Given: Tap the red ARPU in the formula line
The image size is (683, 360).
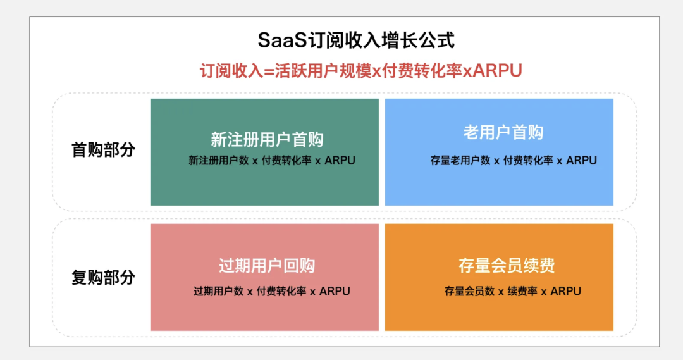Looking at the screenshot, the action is tap(497, 71).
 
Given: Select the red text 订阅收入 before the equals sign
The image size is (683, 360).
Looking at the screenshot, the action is tap(231, 71).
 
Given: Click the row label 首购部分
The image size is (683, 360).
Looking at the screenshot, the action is tap(103, 150).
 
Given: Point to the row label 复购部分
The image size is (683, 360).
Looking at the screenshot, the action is tap(103, 277).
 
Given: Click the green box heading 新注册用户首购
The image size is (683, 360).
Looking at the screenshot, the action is tap(267, 139).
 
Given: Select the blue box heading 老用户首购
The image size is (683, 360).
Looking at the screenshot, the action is tap(503, 132).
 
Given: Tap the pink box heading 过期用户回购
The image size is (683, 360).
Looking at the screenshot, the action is tap(267, 266).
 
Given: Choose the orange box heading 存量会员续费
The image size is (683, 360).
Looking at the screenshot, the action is tap(507, 266).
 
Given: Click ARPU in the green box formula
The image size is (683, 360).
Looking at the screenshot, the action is tap(340, 161).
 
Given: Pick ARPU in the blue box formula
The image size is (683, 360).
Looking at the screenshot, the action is tap(582, 161).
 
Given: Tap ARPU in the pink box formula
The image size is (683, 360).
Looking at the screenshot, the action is tap(335, 291).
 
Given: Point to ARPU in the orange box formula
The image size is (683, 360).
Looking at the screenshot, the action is tap(566, 291).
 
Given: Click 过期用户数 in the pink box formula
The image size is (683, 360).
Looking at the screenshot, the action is tap(218, 291).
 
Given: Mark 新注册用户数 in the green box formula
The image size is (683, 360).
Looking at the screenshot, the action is tap(219, 161).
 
